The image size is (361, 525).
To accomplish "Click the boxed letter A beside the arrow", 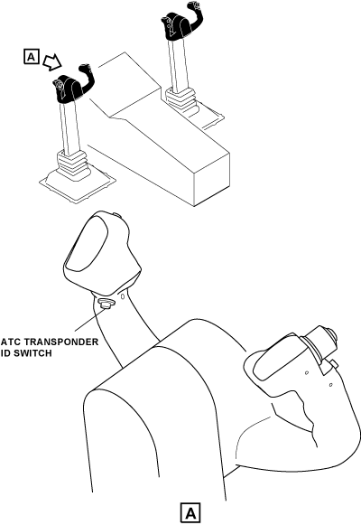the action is click(32, 57).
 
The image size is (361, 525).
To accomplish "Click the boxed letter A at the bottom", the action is click(190, 512).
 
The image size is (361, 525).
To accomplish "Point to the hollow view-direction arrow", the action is click(52, 62).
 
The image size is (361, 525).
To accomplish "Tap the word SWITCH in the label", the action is click(33, 353).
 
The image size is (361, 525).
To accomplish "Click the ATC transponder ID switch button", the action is click(106, 304).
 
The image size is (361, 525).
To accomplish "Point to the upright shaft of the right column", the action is click(177, 63).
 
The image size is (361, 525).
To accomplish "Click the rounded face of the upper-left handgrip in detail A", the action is click(88, 246).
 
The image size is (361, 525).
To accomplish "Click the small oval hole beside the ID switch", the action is click(123, 296).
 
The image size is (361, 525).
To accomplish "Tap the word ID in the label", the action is click(6, 353).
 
